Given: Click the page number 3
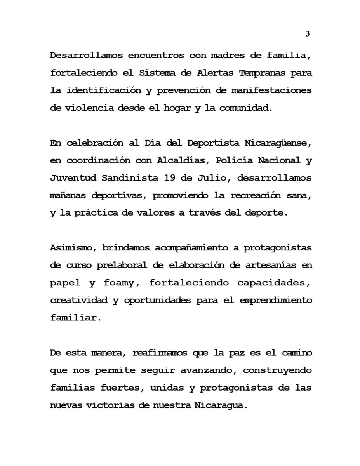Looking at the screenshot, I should coord(308,34).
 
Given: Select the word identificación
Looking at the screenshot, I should coord(104,90).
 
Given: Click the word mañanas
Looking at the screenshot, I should coord(68,196).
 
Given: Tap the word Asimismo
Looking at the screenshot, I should coord(71,248).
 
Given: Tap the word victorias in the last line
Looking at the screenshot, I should coord(109,406).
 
